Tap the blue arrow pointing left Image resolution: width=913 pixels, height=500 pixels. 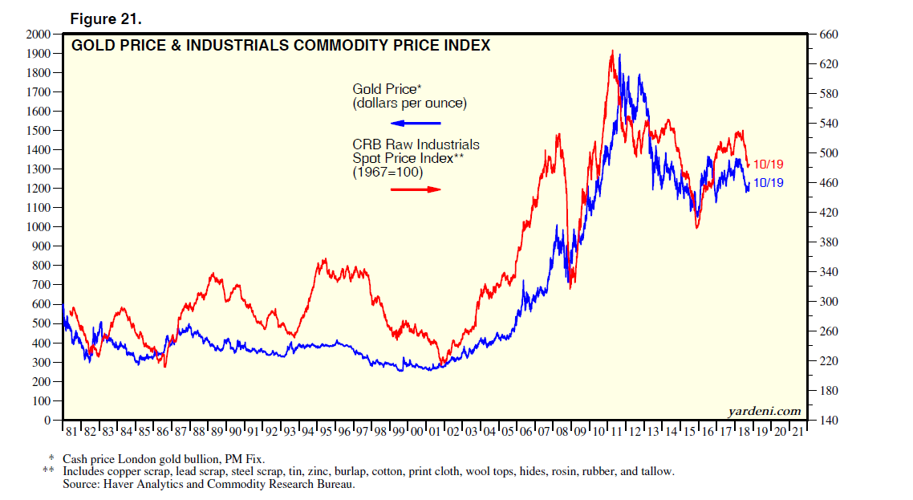click(x=416, y=123)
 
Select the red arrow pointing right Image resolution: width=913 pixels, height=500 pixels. click(x=416, y=189)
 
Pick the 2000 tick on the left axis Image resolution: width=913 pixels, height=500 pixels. click(x=37, y=35)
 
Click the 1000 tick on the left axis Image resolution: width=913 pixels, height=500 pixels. click(x=37, y=227)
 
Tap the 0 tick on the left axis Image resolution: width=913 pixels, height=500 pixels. click(x=47, y=420)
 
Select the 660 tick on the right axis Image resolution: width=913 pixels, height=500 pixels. click(x=828, y=35)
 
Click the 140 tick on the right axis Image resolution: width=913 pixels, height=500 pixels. click(x=828, y=420)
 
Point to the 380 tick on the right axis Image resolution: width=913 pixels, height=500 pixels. click(x=828, y=242)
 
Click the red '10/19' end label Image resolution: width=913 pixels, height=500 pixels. click(x=769, y=165)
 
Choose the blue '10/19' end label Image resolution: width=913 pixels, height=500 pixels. click(x=769, y=184)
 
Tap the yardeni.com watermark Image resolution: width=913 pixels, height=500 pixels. click(x=765, y=412)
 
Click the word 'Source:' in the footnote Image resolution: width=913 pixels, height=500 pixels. click(x=84, y=484)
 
